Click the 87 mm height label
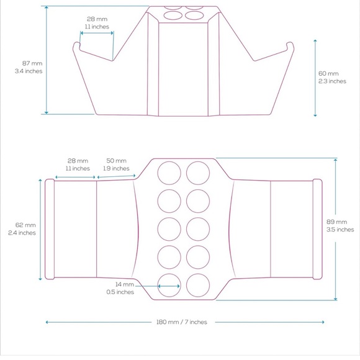tap(32, 63)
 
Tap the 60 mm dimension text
tap(328, 73)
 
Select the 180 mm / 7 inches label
tap(182, 322)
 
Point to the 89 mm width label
tap(336, 222)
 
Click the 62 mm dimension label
tap(25, 225)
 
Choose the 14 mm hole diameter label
tap(125, 284)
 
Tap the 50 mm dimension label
tap(117, 161)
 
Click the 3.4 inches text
tap(29, 71)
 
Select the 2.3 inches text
tap(332, 81)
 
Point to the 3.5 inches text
tap(340, 230)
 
